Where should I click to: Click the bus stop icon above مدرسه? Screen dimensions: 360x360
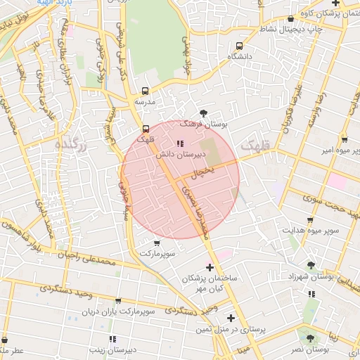click(x=146, y=91)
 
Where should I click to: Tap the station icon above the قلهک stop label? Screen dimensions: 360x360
click(x=146, y=128)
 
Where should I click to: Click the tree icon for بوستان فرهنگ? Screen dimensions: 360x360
click(x=203, y=112)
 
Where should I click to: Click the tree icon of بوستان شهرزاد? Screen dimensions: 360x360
click(x=311, y=265)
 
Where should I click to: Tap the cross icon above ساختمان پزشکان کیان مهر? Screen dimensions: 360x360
click(x=210, y=267)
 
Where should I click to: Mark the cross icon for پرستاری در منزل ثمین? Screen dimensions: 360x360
click(x=231, y=318)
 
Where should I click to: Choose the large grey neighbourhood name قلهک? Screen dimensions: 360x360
click(x=255, y=147)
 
